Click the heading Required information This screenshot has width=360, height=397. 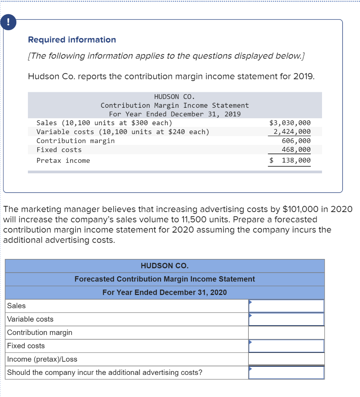[x=72, y=40]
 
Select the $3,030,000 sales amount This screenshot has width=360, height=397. [x=290, y=123]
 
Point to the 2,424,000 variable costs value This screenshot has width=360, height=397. [x=292, y=132]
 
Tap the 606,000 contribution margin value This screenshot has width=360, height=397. [x=296, y=141]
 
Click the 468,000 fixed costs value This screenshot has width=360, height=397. [x=296, y=150]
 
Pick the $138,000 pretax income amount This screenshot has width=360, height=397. [x=291, y=161]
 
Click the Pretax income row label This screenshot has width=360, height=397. [x=63, y=161]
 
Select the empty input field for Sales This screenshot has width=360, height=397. [x=286, y=306]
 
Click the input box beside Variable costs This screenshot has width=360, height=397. [x=286, y=319]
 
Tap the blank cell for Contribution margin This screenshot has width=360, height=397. [x=286, y=332]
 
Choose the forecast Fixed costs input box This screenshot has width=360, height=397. [x=286, y=346]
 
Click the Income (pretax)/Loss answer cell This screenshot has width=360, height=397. [x=286, y=359]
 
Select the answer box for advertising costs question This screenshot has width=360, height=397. [x=286, y=373]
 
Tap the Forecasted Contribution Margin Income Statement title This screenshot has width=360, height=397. [x=165, y=279]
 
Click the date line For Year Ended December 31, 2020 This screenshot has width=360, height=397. [x=165, y=292]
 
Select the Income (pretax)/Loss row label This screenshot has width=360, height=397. [x=42, y=359]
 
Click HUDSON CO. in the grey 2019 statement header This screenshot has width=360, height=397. [x=174, y=97]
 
